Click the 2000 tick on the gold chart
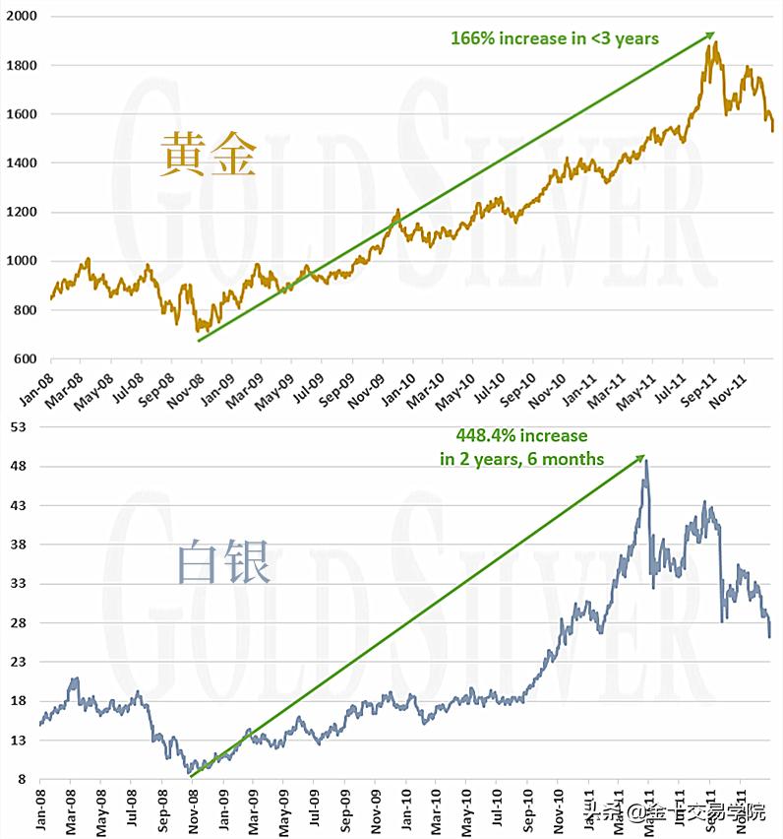click(x=21, y=17)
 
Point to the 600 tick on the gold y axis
click(x=25, y=359)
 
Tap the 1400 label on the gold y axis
click(x=21, y=163)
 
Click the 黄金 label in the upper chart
click(x=209, y=155)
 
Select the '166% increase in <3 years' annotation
click(x=555, y=39)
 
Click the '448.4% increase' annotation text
click(x=521, y=435)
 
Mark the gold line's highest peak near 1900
click(x=715, y=42)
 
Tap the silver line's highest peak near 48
click(x=645, y=460)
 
